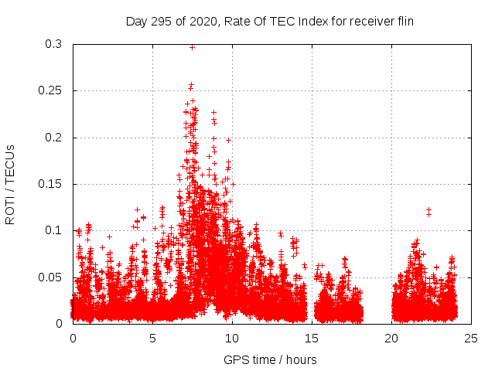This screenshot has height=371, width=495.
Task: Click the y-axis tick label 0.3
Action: [54, 44]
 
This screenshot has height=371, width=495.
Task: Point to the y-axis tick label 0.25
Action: [51, 90]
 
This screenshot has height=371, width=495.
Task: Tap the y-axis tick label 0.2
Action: [54, 138]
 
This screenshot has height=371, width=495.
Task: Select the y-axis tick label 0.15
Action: [51, 184]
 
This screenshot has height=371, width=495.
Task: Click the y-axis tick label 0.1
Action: [54, 230]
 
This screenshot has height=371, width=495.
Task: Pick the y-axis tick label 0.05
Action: [51, 277]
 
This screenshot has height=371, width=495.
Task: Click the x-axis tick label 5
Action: [152, 338]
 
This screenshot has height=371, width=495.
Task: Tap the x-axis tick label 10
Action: [232, 338]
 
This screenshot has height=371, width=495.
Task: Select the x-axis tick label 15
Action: [312, 338]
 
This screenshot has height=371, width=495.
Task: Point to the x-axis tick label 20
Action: [391, 338]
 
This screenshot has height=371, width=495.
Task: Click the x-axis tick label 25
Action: [471, 338]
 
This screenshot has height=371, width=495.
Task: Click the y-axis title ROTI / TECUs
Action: [10, 184]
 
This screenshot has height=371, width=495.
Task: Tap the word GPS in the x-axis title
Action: [236, 359]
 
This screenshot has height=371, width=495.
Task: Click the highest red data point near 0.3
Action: [192, 47]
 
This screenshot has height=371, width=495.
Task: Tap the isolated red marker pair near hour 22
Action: [428, 212]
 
